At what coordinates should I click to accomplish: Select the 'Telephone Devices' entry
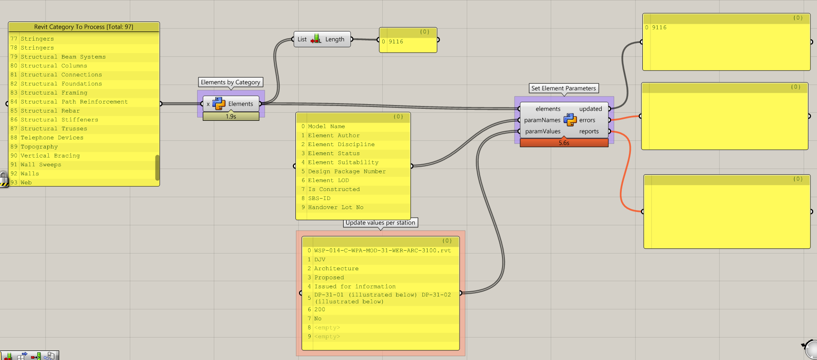coord(52,138)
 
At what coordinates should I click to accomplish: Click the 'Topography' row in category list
coord(39,147)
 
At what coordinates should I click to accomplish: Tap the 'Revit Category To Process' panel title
coord(84,27)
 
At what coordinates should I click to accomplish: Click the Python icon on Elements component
coord(219,104)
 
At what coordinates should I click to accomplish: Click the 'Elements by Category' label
coord(230,82)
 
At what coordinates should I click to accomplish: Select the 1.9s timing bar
coord(231,116)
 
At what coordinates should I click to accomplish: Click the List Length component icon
coord(316,40)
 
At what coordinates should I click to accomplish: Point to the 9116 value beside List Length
coord(396,42)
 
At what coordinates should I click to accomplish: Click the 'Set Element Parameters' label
coord(564,88)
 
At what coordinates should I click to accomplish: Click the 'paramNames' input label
coord(542,120)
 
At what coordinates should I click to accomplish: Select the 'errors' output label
coord(587,120)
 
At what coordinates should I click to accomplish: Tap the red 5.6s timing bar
coord(564,143)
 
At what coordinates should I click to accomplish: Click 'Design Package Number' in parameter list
coord(346,171)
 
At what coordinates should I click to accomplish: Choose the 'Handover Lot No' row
coord(335,207)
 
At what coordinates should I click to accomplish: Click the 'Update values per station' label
coord(380,222)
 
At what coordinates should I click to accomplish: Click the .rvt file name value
coord(382,251)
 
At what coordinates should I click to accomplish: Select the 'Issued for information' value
coord(355,286)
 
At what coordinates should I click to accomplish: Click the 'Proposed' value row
coord(329,277)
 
